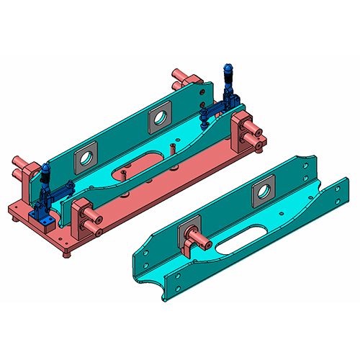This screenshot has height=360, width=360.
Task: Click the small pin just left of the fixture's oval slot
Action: (x=125, y=174)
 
